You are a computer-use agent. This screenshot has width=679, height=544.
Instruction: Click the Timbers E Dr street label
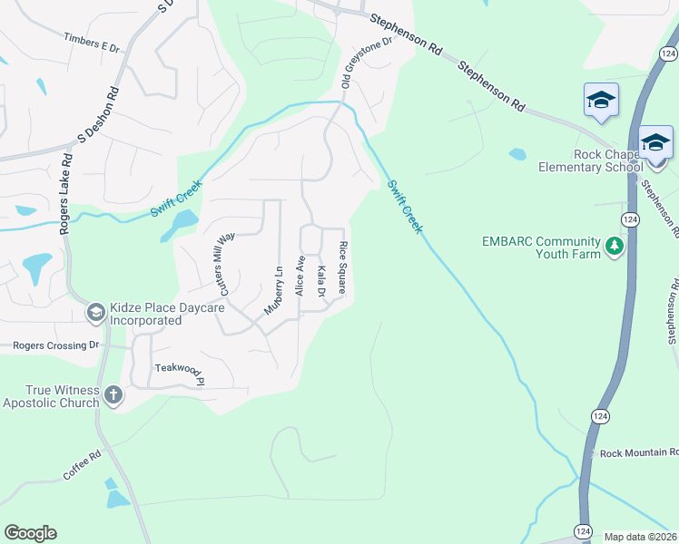tap(93, 42)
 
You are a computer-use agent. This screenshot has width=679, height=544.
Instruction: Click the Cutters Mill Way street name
tap(223, 262)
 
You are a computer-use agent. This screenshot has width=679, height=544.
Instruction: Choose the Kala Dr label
tap(321, 281)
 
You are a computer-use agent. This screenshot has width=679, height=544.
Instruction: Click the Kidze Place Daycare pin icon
tap(94, 313)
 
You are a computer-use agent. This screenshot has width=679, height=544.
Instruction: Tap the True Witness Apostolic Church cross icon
tap(113, 394)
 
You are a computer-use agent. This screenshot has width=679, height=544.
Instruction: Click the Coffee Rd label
tap(81, 466)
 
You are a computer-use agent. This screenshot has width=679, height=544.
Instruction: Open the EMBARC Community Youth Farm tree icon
tap(615, 247)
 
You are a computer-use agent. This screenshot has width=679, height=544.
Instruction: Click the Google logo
tap(30, 533)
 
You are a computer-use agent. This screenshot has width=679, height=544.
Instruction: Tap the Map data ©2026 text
tap(640, 537)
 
